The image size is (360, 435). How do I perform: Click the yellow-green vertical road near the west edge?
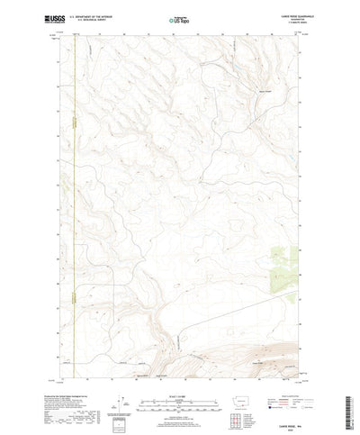(x=76, y=180)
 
